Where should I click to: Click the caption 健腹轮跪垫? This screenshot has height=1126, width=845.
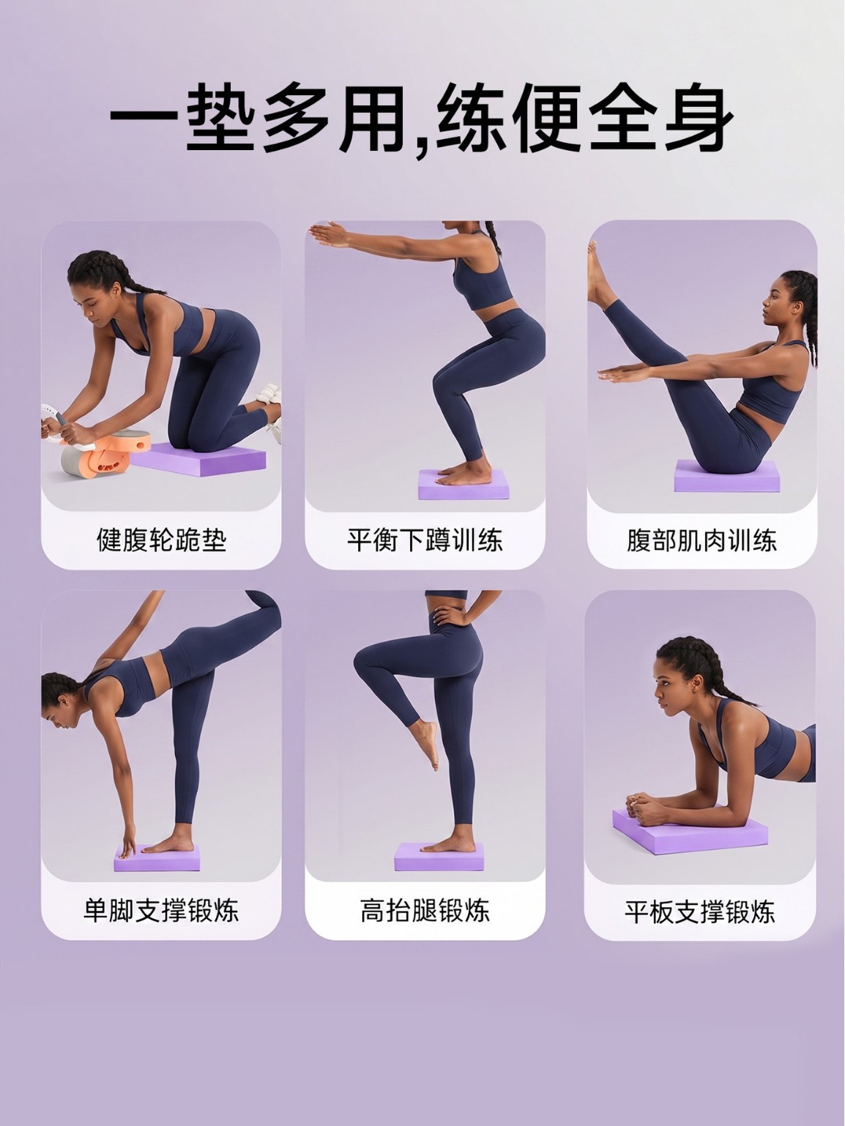[x=161, y=540]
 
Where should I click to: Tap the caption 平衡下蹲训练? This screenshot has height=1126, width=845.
[x=425, y=540]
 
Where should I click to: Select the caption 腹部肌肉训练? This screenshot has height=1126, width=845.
[x=701, y=540]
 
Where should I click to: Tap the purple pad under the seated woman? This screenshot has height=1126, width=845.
[x=726, y=476]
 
